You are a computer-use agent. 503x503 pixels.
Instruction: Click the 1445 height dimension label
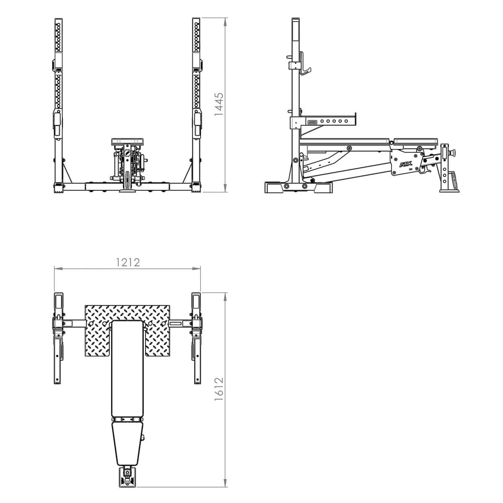click(219, 104)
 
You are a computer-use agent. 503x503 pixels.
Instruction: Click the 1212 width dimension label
click(127, 262)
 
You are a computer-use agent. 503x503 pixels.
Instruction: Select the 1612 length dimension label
click(219, 389)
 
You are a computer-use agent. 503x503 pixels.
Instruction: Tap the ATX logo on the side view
click(405, 166)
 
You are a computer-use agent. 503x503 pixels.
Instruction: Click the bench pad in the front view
click(127, 142)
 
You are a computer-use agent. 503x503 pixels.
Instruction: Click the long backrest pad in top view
click(127, 369)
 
